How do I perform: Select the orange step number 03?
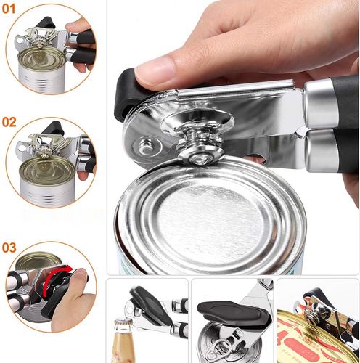point(9,248)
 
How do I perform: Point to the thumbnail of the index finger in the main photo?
point(153,70)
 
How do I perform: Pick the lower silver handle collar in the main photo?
point(319,148)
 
